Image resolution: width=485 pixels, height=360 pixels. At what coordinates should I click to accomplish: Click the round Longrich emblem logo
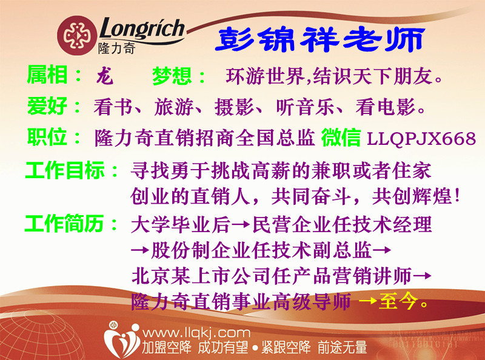[77, 36]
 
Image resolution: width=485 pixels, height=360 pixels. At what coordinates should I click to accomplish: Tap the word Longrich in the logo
[142, 28]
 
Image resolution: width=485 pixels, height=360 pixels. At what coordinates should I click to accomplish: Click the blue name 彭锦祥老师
[320, 39]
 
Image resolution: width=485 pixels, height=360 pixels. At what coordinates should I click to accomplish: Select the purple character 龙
[104, 76]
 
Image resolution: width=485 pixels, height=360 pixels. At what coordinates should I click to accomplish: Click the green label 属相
[47, 75]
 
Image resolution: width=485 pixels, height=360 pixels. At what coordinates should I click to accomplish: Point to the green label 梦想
[172, 76]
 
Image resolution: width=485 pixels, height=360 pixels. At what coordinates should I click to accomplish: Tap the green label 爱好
[47, 106]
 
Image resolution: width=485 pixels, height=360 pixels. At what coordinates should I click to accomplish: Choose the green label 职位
[47, 137]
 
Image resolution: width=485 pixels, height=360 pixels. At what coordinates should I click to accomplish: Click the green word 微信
[341, 138]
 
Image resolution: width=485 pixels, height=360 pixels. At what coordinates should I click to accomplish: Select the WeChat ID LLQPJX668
[421, 138]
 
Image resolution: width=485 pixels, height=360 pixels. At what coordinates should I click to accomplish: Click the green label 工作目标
[65, 170]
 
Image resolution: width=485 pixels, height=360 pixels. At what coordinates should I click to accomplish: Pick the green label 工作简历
[65, 224]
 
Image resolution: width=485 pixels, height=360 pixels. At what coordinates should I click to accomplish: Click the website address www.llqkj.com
[196, 333]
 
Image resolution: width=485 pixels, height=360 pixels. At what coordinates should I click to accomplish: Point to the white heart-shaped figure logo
[122, 339]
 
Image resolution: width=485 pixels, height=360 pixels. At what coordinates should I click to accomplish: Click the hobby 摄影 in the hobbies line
[234, 107]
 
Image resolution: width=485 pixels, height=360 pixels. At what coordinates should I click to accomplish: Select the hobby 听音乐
[305, 107]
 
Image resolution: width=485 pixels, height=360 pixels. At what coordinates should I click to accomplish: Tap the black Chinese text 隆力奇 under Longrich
[117, 48]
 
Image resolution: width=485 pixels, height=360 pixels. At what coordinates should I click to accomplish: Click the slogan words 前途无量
[342, 347]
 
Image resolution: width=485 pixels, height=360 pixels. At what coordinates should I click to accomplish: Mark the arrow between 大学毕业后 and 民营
[241, 224]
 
